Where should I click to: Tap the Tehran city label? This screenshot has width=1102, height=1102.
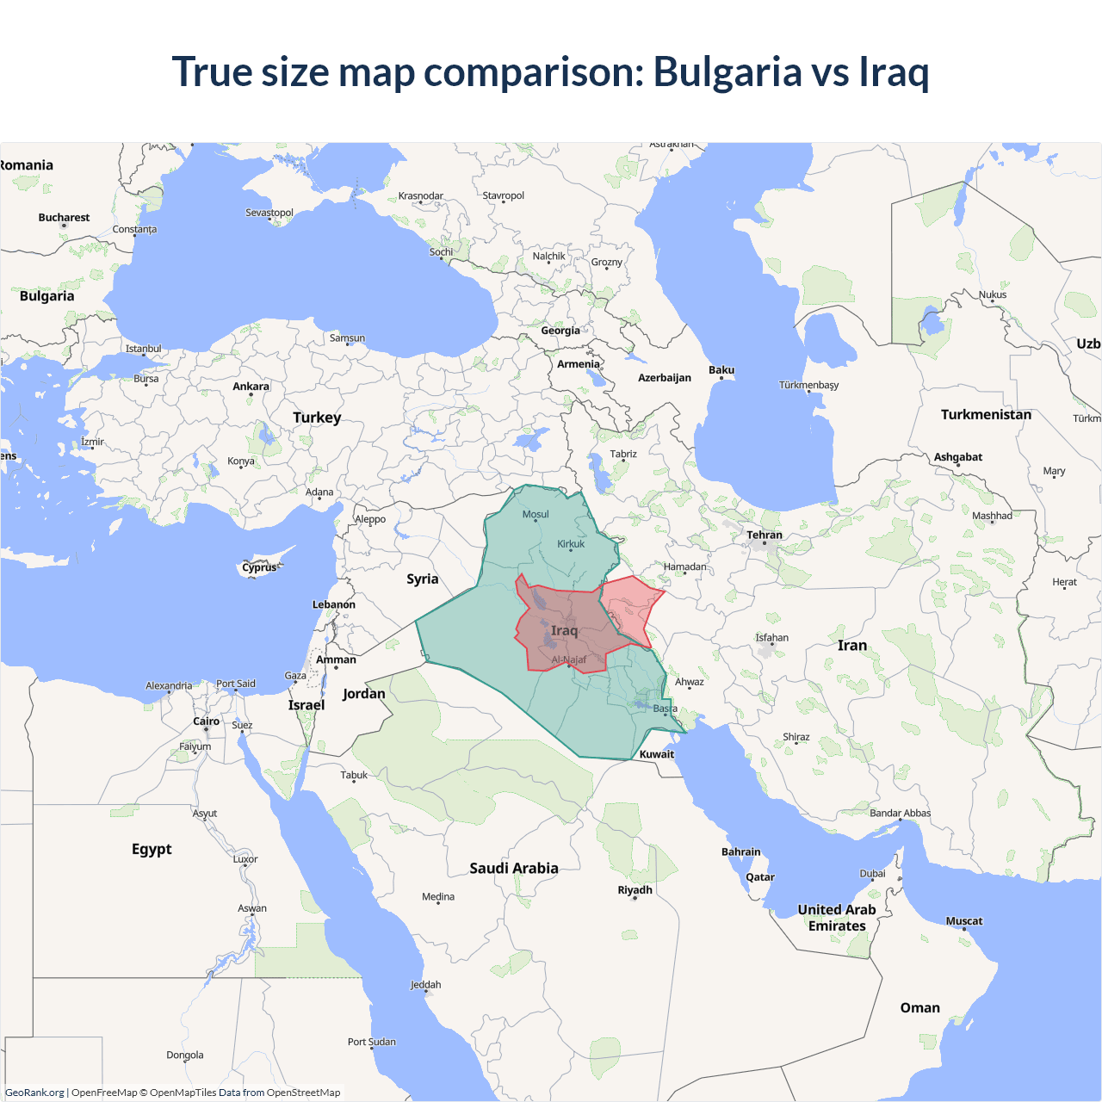coord(765,535)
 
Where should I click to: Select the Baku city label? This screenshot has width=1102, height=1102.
coord(721,370)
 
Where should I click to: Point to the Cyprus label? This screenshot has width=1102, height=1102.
coord(259,567)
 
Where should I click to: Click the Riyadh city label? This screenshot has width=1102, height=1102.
coord(635,890)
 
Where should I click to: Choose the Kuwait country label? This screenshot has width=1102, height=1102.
coord(657,754)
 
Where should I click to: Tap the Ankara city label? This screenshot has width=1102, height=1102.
coord(251,387)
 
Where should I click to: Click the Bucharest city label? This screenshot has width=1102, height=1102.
coord(64,218)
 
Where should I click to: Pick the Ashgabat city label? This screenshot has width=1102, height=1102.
coord(958,457)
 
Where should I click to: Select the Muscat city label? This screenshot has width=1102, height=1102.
coord(964,921)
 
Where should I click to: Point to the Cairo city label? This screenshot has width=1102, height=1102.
coord(206,721)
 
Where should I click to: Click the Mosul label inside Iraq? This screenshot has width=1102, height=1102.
coord(536,515)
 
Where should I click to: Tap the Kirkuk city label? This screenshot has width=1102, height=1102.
coord(571,544)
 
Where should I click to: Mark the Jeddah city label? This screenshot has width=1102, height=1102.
coord(425,985)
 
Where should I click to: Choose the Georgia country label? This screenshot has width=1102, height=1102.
coord(560,331)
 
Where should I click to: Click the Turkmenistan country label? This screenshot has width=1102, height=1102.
coord(986,415)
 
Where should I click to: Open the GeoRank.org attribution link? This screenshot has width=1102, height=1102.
coord(34,1093)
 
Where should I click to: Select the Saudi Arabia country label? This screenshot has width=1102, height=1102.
coord(514,869)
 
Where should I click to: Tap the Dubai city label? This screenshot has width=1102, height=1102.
coord(872,874)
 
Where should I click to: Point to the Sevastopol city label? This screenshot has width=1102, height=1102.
coord(269,213)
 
